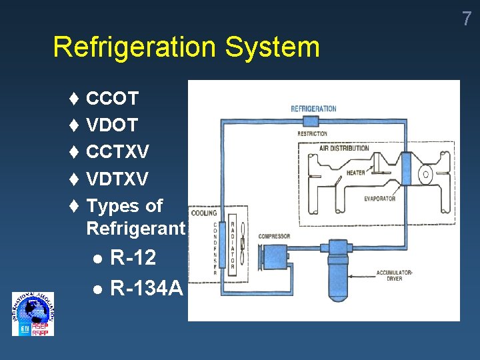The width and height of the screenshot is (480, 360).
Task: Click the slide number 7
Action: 467,19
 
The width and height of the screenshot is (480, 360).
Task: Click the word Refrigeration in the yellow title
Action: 134,47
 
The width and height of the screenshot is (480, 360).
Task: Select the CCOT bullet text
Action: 112,99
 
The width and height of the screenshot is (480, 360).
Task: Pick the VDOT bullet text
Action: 112,125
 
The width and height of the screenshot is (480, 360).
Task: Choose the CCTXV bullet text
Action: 117,153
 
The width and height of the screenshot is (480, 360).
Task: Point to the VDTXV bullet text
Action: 117,179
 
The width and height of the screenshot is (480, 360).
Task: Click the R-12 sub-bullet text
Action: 133,257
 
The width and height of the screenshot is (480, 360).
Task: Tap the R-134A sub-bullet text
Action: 146,289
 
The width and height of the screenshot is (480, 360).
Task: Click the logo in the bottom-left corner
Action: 33,314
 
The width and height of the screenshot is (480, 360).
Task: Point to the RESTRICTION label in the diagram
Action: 312,133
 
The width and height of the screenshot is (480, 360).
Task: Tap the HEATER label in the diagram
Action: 355,173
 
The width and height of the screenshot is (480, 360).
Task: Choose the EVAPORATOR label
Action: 379,198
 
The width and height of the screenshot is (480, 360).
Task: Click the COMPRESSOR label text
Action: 273,237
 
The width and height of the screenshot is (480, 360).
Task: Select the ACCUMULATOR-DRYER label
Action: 394,275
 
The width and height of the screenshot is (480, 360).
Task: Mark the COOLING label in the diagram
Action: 203,213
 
